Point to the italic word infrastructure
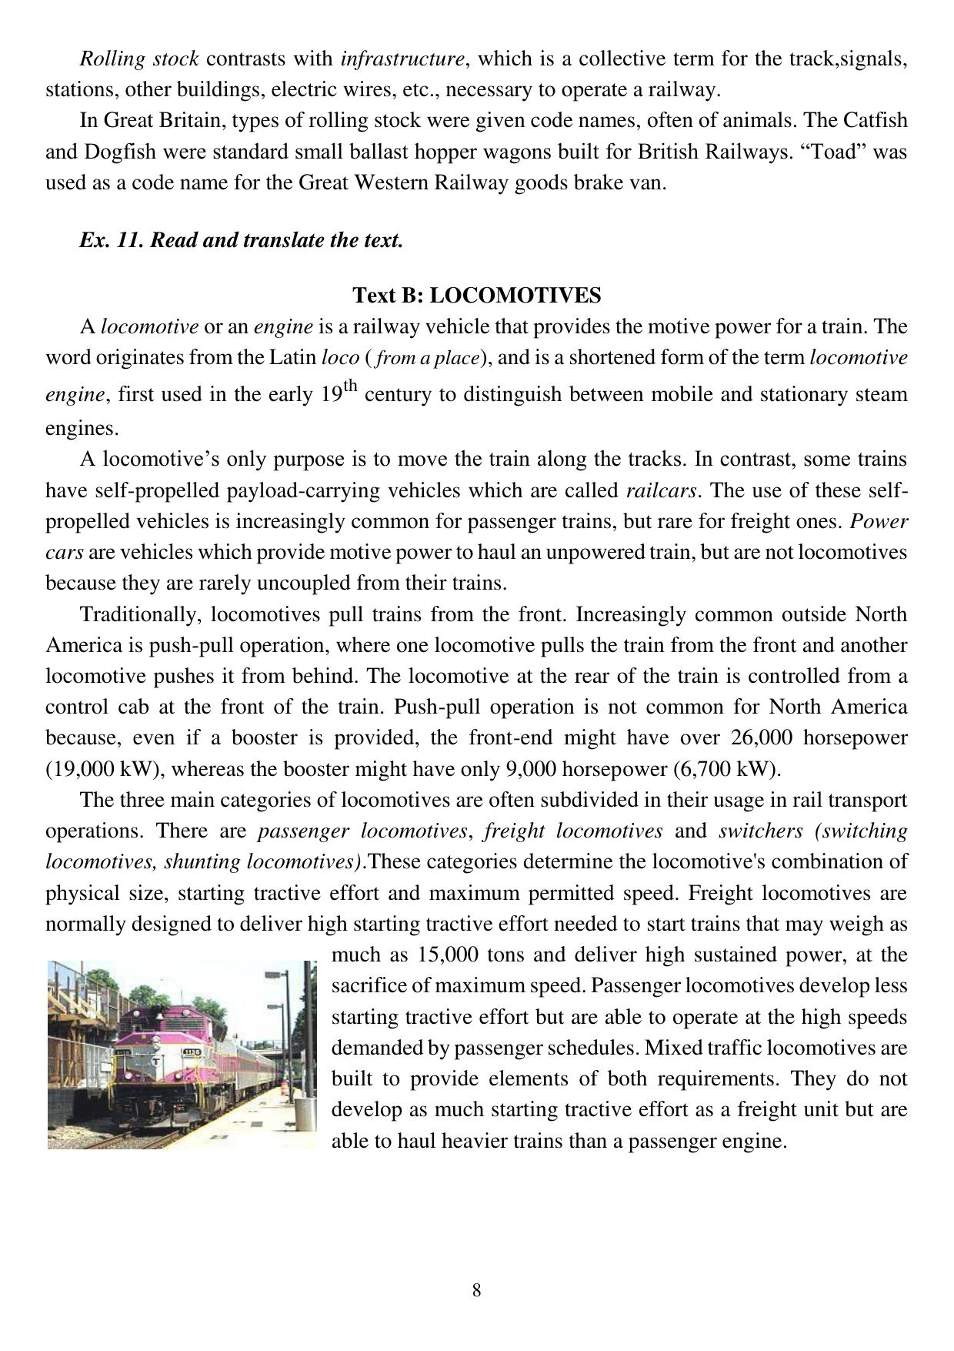coord(402,59)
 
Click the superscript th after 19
coord(350,386)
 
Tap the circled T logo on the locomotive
coord(155,1060)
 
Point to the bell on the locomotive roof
coord(159,1015)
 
